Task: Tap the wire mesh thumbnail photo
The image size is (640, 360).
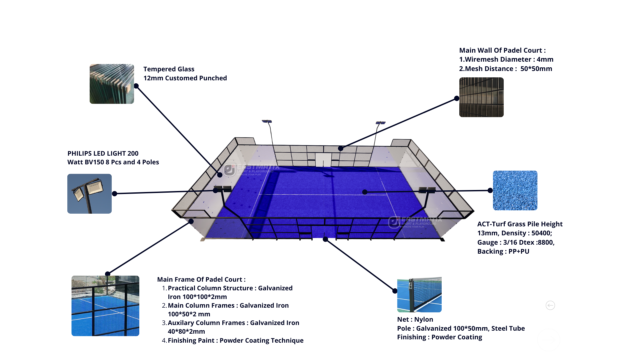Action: pos(481,97)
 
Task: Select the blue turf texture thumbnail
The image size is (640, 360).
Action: pos(515,190)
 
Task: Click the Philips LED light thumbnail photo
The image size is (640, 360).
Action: pos(90,193)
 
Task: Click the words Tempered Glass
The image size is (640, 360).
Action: pos(168,69)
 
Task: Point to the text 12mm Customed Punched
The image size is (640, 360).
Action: pos(185,78)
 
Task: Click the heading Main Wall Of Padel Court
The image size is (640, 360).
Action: pos(502,50)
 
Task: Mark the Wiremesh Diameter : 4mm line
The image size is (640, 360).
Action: pos(506,59)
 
